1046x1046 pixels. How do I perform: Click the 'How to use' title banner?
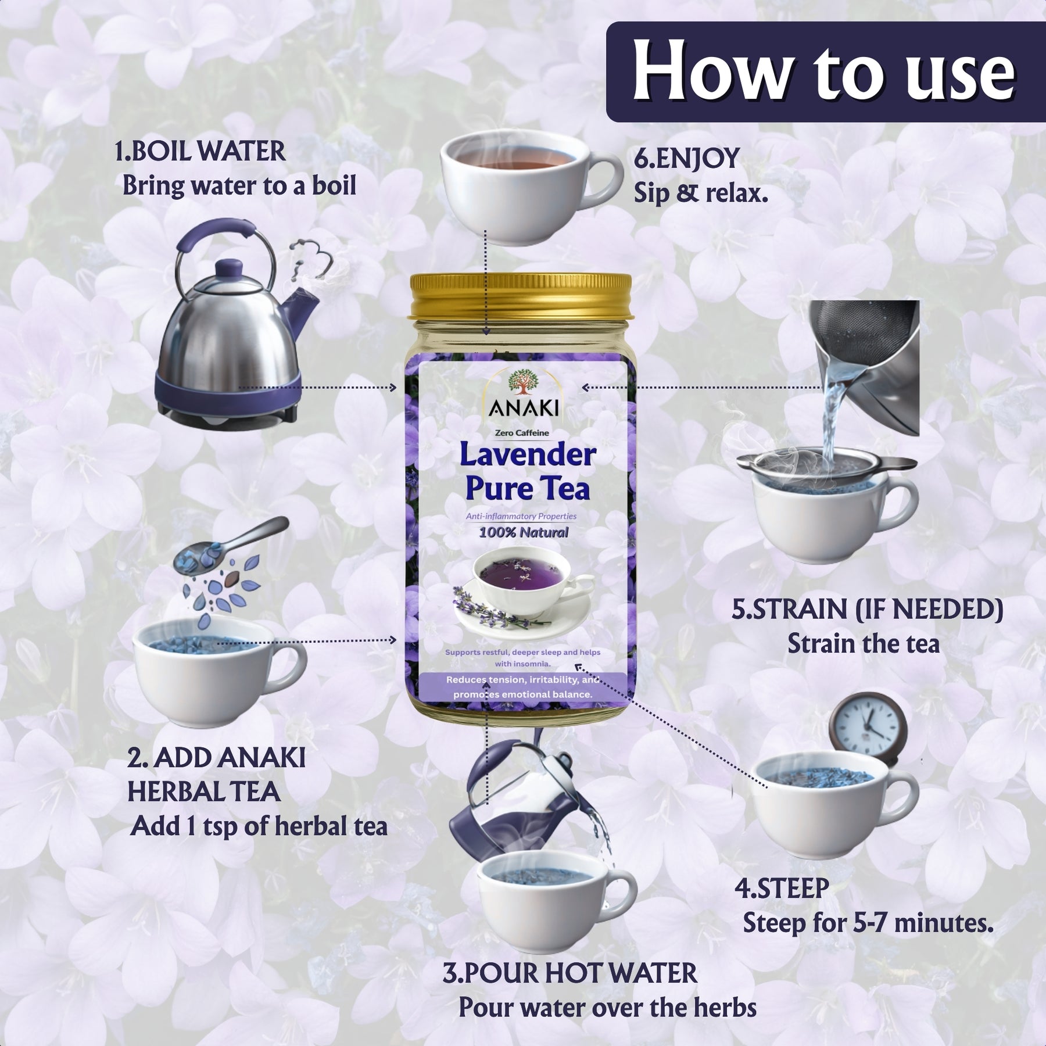click(x=825, y=72)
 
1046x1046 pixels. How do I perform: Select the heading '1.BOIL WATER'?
click(x=200, y=152)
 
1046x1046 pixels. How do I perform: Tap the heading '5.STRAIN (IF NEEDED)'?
click(x=867, y=609)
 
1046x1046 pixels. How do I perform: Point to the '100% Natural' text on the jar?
click(x=524, y=532)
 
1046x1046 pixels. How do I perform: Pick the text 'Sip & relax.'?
click(x=701, y=193)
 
